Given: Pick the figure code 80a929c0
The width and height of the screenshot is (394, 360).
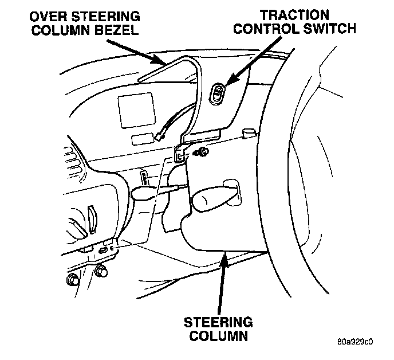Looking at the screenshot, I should click(355, 342).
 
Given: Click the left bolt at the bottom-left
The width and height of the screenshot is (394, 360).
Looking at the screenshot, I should click(73, 279).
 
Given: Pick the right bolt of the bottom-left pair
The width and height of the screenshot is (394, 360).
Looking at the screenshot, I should click(101, 271).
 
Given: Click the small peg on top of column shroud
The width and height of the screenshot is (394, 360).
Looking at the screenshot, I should click(248, 134).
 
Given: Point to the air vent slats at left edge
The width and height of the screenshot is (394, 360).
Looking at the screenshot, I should click(73, 166).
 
